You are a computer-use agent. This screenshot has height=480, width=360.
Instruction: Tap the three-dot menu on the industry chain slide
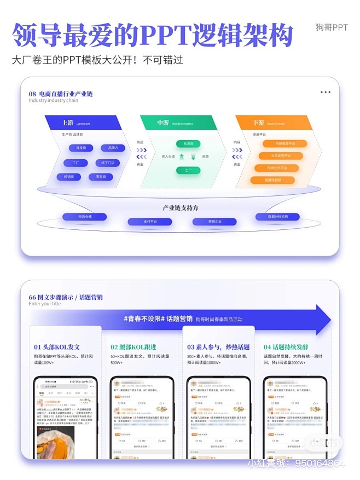[326, 92]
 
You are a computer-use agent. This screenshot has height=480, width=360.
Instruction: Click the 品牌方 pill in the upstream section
[113, 148]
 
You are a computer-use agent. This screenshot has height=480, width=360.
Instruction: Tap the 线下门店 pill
[107, 163]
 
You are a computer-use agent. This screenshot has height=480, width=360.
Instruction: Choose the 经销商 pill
[69, 177]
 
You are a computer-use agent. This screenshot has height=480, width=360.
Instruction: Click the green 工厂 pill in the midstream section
[188, 170]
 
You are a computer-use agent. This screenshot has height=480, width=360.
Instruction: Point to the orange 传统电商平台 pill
[281, 143]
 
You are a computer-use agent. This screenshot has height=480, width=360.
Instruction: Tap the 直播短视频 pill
[274, 180]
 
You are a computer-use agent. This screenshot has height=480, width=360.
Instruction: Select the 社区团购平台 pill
[281, 156]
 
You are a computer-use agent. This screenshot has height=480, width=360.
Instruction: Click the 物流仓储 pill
[85, 217]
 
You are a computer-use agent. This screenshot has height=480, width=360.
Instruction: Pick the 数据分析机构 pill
[277, 217]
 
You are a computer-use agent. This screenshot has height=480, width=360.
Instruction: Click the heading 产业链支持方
[180, 208]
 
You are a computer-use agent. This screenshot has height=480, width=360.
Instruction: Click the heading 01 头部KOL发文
[57, 347]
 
